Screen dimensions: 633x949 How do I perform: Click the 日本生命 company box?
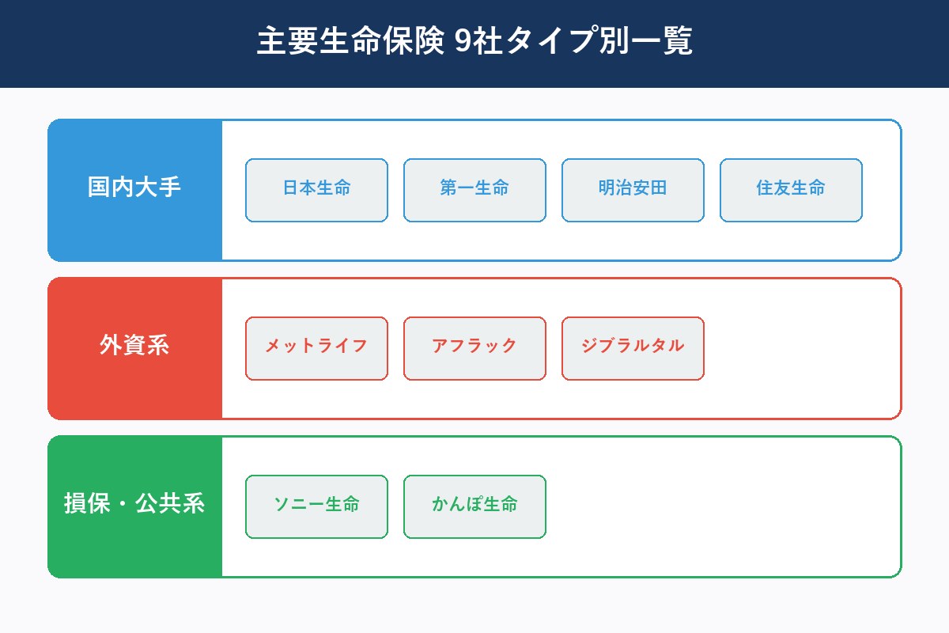tap(316, 190)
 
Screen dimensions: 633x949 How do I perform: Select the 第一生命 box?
tap(475, 190)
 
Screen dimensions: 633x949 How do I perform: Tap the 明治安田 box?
tap(633, 190)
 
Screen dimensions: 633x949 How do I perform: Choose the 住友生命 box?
tap(791, 190)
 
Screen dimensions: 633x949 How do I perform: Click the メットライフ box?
tap(316, 348)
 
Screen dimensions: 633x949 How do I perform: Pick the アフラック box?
tap(475, 348)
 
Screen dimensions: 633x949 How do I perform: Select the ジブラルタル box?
tap(633, 348)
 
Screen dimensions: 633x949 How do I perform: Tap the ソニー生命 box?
tap(316, 506)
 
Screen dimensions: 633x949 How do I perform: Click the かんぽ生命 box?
tap(475, 506)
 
